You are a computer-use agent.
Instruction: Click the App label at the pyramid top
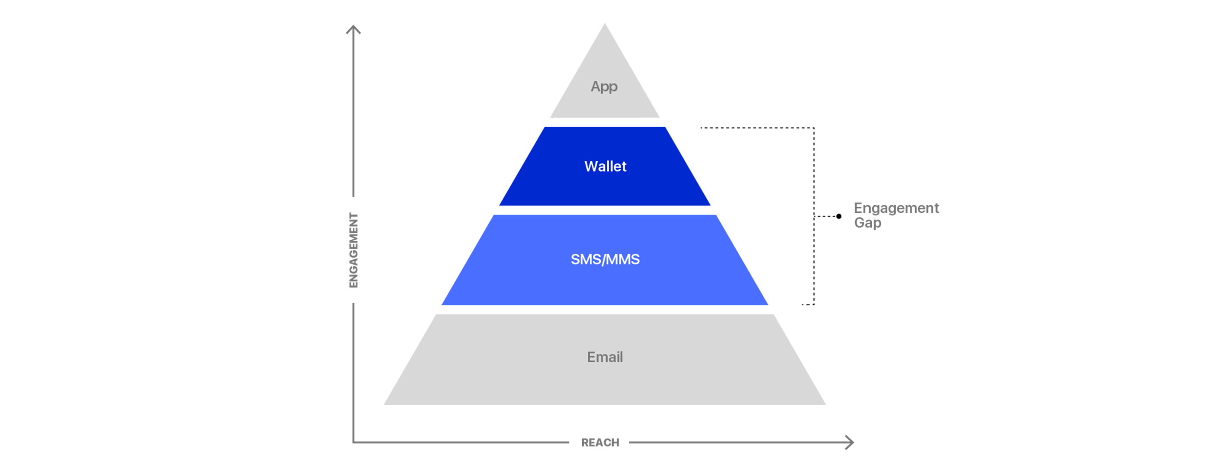click(x=604, y=86)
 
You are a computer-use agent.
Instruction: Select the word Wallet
click(x=605, y=166)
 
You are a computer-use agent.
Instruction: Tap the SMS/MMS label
click(x=605, y=259)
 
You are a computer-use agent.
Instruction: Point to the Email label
click(x=605, y=357)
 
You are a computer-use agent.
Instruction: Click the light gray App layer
click(x=541, y=70)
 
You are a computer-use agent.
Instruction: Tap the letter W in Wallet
click(x=591, y=166)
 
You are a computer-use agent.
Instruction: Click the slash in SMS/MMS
click(x=605, y=259)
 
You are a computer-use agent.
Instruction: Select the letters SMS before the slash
click(x=586, y=259)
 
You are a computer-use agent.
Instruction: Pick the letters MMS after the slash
click(x=623, y=259)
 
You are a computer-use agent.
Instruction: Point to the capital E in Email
click(x=591, y=357)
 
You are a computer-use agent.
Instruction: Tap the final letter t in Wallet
click(x=624, y=166)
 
